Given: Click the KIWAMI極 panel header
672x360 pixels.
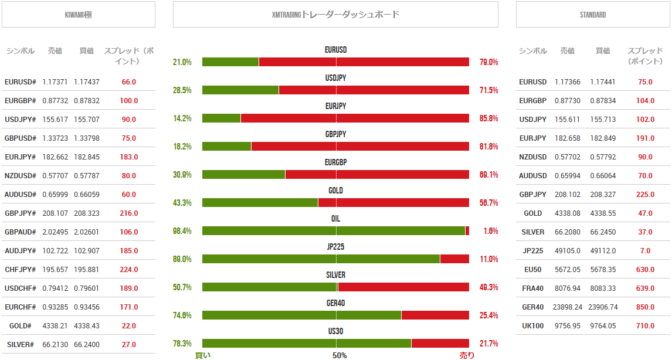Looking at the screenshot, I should tap(79, 15).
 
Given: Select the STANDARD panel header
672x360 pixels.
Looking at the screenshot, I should tap(593, 15).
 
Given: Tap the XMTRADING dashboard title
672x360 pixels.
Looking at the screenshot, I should tap(335, 15).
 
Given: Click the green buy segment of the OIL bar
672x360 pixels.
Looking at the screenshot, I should tap(333, 231).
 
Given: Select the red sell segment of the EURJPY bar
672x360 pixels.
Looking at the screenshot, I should tap(355, 118).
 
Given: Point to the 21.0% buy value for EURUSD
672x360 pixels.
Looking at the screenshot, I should tap(182, 62).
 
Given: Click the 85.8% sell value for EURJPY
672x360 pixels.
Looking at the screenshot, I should tap(488, 118).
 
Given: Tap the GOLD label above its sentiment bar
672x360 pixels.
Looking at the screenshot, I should tap(335, 191).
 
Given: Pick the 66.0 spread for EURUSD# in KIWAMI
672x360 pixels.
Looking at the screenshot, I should tap(129, 82).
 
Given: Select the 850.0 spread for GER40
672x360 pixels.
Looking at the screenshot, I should tap(646, 307).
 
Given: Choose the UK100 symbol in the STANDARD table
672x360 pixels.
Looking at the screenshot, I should tap(532, 326).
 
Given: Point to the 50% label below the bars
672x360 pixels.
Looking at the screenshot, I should tap(340, 355).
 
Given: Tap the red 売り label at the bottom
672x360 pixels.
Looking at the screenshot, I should tap(467, 355).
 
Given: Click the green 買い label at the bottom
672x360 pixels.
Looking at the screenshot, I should tap(203, 355).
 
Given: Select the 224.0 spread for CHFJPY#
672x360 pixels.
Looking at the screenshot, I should tap(129, 270).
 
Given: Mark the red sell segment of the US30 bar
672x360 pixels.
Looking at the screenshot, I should tap(440, 344).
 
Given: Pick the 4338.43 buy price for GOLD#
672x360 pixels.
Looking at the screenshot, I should tap(87, 326).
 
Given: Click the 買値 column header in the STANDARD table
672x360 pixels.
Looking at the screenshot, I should tap(603, 51).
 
